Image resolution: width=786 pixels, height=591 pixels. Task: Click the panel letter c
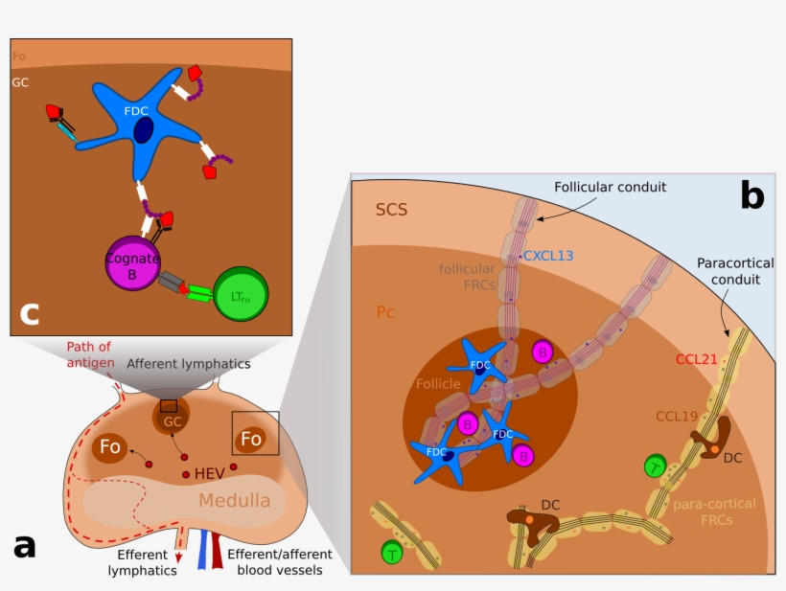[30, 313]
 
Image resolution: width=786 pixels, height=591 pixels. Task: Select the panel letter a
[24, 547]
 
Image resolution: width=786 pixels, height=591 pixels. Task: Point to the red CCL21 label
[697, 360]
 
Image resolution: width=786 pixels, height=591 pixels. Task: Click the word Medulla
[235, 500]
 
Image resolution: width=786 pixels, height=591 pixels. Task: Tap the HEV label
[210, 474]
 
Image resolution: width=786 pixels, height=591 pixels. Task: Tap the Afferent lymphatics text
[189, 363]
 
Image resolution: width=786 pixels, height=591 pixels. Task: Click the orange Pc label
[385, 312]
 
